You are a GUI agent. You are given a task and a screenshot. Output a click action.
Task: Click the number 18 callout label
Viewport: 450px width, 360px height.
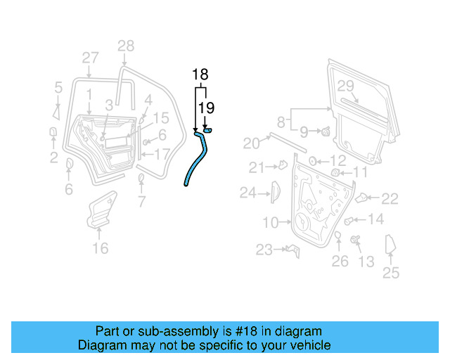(200, 75)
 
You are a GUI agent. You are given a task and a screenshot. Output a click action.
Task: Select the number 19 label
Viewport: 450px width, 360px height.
(205, 107)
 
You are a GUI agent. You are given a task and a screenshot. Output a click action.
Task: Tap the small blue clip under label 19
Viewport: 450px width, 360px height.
(208, 130)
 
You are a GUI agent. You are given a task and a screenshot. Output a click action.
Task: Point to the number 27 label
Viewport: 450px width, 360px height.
(90, 58)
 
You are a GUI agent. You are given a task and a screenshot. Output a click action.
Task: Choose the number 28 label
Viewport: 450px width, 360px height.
(125, 46)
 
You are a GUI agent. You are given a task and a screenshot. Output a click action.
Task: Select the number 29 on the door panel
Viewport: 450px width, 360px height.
(345, 86)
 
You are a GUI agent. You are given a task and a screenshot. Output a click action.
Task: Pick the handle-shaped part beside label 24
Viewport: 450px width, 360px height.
(275, 191)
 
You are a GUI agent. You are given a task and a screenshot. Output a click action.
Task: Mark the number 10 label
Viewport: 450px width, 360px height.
(271, 223)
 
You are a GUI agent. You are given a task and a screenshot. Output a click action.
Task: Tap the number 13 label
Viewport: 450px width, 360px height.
(366, 262)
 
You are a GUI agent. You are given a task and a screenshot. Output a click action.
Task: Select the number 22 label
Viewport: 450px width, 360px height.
(390, 199)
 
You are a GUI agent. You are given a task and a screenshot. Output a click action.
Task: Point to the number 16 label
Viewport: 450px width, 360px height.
(101, 247)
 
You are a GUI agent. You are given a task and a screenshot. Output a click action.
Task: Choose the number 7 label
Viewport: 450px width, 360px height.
(141, 203)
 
